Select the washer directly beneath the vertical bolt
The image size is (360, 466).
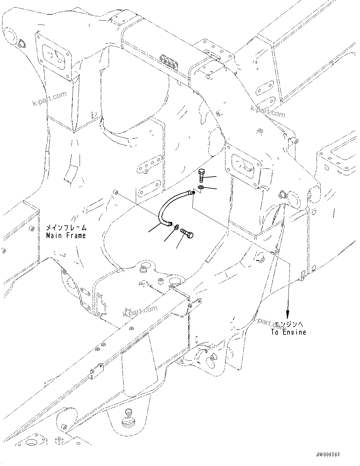pyautogui.click(x=201, y=187)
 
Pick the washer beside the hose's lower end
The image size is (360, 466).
pyautogui.click(x=177, y=226)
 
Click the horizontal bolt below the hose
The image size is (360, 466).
pyautogui.click(x=186, y=233)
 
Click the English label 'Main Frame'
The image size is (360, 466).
pyautogui.click(x=66, y=235)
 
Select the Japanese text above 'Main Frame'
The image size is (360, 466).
pyautogui.click(x=66, y=228)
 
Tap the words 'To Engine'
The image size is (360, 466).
pyautogui.click(x=288, y=332)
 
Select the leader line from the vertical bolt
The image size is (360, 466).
pyautogui.click(x=211, y=177)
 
